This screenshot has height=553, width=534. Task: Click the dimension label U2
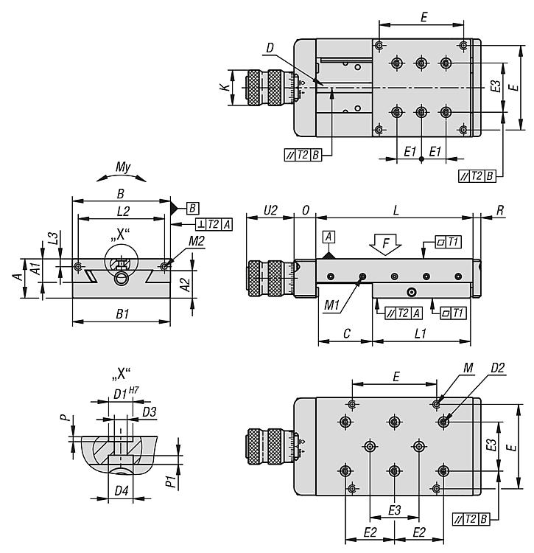click(270, 210)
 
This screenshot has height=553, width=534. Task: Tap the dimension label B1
click(122, 314)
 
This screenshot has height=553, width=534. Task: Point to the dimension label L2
click(122, 212)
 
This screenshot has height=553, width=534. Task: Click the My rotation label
click(123, 168)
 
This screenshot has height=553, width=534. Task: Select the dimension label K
click(223, 88)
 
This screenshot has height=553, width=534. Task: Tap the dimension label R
click(500, 210)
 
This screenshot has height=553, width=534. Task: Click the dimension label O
click(305, 210)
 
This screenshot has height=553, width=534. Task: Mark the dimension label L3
click(52, 238)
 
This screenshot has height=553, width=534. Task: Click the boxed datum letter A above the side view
click(328, 236)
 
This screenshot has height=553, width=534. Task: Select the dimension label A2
click(186, 283)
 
